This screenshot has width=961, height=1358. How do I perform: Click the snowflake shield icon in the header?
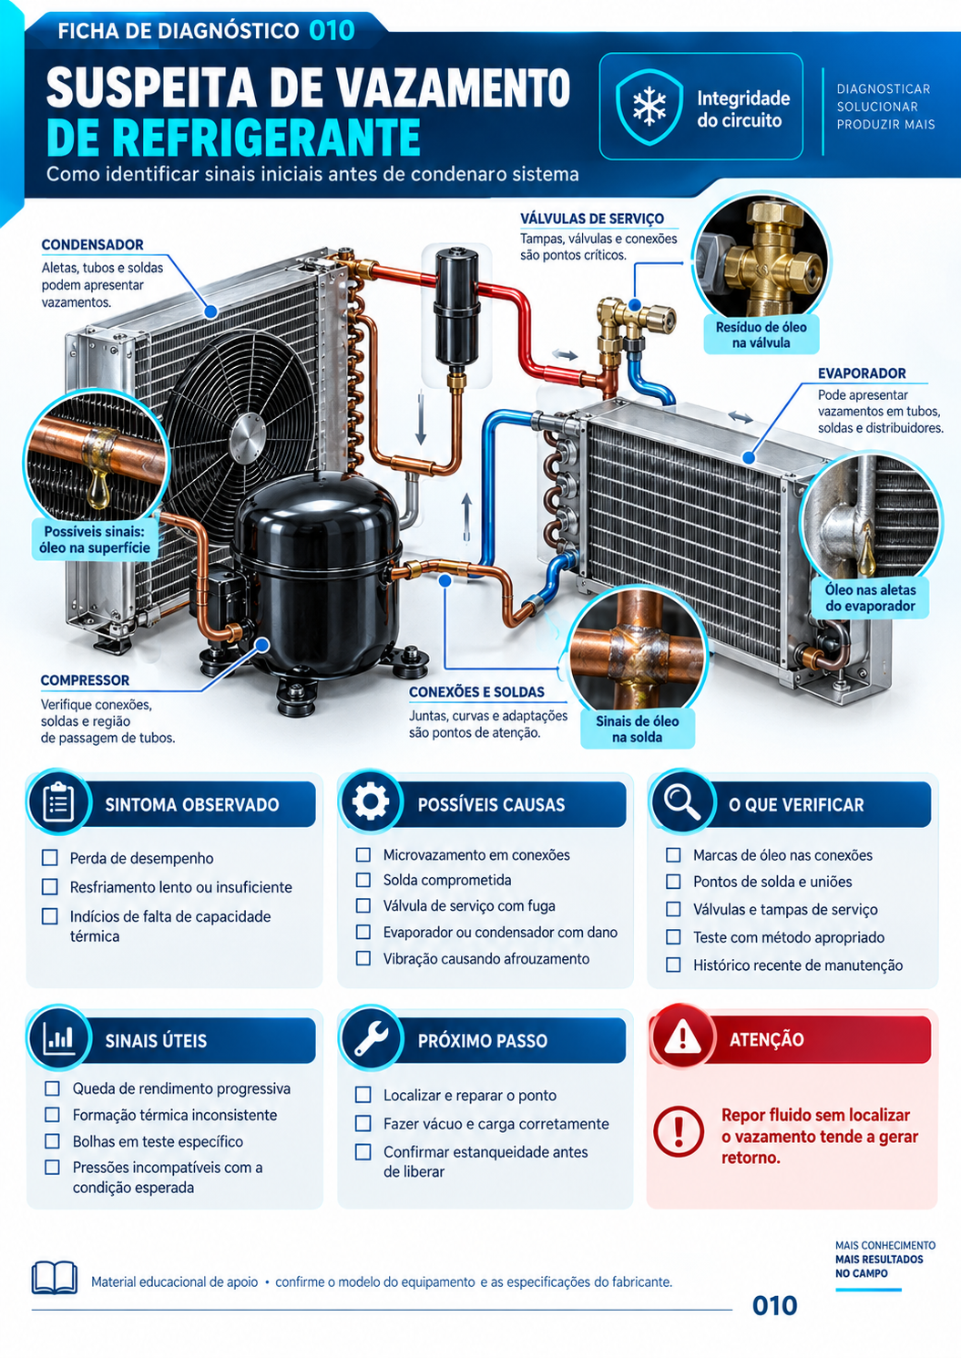(x=649, y=107)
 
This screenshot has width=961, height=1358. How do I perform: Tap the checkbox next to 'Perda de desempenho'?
(x=50, y=857)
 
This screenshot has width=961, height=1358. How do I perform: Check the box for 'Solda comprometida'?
(x=363, y=880)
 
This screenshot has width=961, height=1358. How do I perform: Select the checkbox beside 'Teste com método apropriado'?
(x=673, y=936)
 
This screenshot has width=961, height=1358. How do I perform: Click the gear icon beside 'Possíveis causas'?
(x=371, y=802)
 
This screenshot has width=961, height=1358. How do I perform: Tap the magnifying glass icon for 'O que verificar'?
(x=682, y=802)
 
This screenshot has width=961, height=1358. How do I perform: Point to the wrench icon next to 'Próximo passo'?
(x=371, y=1037)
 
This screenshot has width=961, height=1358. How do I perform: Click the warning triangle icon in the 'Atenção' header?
(x=682, y=1036)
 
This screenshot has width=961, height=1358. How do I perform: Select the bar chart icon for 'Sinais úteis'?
(x=59, y=1037)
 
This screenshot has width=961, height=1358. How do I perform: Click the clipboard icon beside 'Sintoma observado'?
(x=59, y=802)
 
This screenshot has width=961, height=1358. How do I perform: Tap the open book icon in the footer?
(x=55, y=1277)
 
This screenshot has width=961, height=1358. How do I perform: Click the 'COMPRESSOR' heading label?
(x=85, y=680)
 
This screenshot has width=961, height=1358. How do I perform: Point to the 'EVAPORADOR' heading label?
(x=862, y=373)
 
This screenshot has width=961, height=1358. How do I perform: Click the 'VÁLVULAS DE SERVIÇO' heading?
(x=592, y=219)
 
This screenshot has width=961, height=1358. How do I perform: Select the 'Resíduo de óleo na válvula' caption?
(x=761, y=334)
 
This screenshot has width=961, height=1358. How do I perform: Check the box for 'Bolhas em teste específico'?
(x=52, y=1141)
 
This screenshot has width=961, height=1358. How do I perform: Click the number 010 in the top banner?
(x=332, y=31)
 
